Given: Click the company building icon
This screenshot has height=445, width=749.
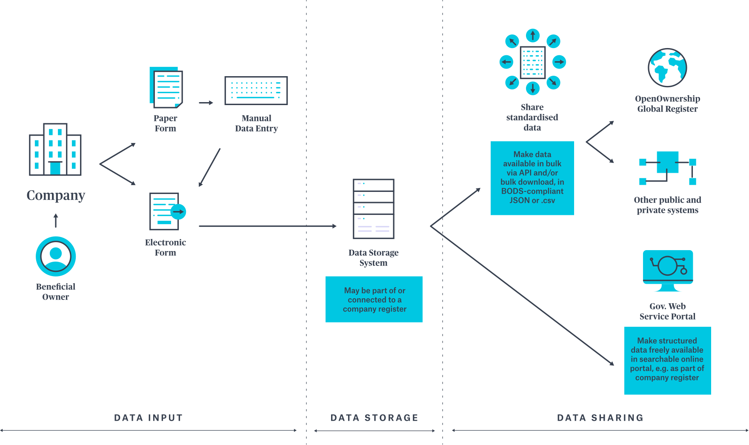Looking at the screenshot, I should click(x=55, y=150).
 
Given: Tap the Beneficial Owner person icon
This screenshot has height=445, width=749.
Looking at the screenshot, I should click(x=56, y=256).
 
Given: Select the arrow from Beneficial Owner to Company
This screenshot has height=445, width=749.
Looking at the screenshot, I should click(x=56, y=221).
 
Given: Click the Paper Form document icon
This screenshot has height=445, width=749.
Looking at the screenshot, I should click(x=166, y=87).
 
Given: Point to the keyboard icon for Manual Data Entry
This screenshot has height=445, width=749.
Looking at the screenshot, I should click(x=256, y=91).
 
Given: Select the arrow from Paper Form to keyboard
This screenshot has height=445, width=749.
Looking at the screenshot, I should click(x=206, y=103).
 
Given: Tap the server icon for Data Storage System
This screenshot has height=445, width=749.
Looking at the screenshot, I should click(x=374, y=208).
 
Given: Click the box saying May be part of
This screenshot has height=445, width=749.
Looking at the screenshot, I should click(x=374, y=300).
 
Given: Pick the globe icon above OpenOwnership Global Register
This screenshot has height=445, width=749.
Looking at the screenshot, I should click(x=667, y=68).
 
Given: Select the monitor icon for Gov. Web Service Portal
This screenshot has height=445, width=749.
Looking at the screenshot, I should click(x=668, y=270).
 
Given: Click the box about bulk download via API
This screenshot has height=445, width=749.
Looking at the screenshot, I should click(x=532, y=178).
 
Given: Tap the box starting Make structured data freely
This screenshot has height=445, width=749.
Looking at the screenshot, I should click(x=667, y=360).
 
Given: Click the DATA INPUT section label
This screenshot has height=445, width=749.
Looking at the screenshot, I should click(x=149, y=418).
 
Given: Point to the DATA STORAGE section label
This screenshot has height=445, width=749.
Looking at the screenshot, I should click(x=374, y=418).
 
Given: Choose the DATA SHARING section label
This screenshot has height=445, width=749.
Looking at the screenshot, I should click(x=600, y=418).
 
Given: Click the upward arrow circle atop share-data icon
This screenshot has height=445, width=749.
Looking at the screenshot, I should click(x=532, y=35).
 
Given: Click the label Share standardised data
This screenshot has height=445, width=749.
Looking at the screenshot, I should click(x=532, y=117).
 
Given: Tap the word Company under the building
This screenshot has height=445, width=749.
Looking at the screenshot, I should click(x=56, y=195).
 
